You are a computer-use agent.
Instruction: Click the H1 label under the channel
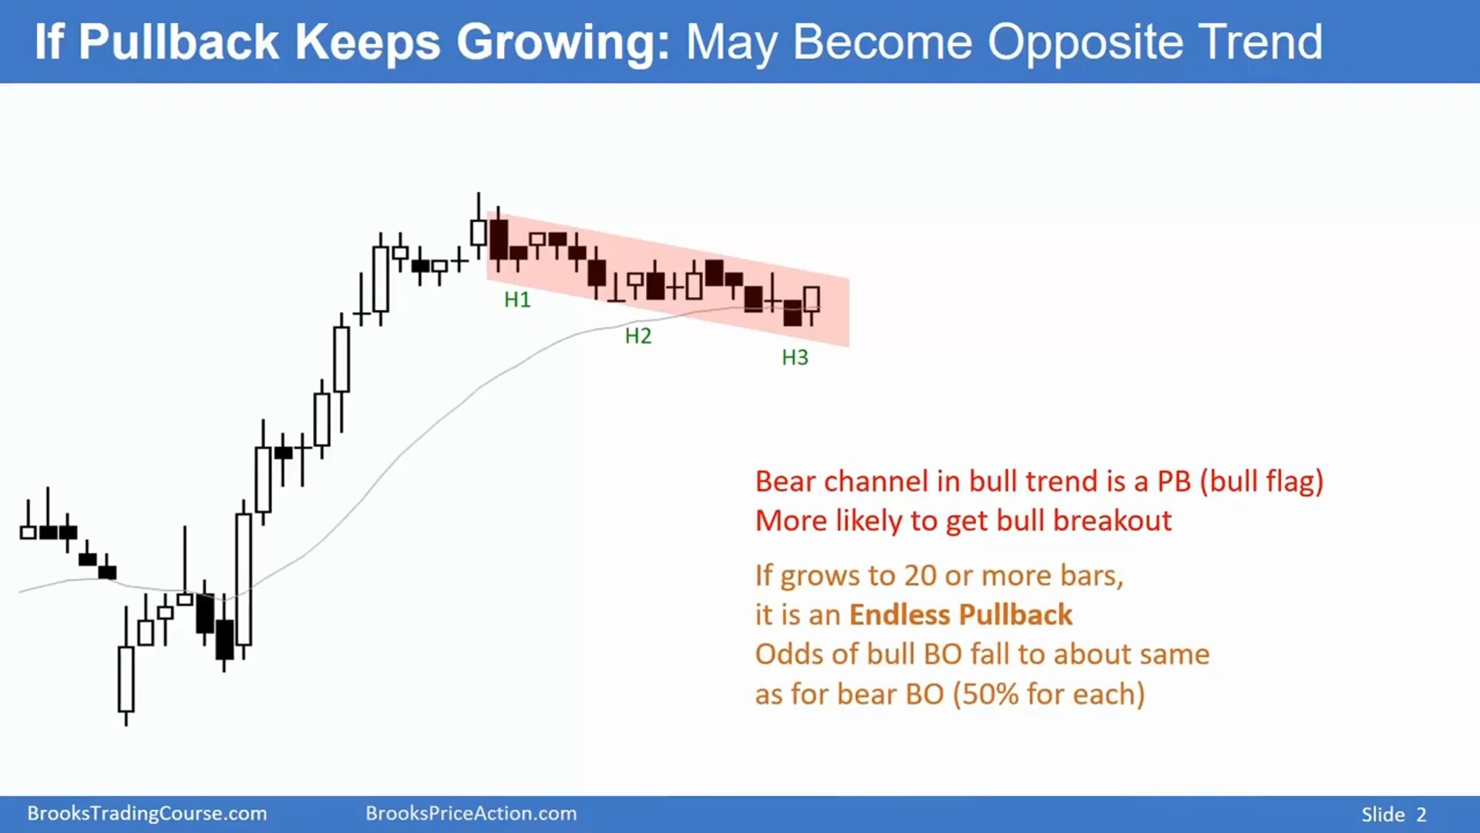[517, 300]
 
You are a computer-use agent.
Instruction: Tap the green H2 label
[638, 336]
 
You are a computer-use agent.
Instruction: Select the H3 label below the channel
[795, 358]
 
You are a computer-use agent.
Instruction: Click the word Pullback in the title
[178, 42]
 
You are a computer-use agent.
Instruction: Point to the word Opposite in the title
[1085, 43]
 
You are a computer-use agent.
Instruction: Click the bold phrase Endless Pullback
[960, 615]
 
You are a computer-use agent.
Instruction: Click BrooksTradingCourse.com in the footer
[147, 814]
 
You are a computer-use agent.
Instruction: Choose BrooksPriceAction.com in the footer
[471, 814]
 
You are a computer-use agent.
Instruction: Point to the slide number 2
[1421, 814]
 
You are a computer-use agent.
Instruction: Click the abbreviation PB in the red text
[1174, 481]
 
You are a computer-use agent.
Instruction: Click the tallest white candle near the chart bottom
[244, 578]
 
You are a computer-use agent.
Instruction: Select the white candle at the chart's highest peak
[478, 232]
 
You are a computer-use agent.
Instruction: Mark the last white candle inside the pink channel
[812, 299]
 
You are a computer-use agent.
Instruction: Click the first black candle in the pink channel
[499, 239]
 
